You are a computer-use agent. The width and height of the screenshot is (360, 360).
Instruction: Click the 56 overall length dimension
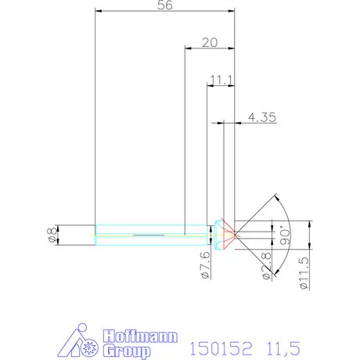[164, 5]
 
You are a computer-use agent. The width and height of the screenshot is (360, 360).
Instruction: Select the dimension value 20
[209, 42]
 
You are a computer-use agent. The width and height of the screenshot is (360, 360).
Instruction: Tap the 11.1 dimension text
[220, 80]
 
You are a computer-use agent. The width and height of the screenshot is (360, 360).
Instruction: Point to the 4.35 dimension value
[261, 117]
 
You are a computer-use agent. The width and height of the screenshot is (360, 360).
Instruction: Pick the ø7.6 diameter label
[205, 265]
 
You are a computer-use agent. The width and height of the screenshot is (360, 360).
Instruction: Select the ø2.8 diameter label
[266, 265]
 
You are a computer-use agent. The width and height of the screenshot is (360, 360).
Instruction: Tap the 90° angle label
[285, 233]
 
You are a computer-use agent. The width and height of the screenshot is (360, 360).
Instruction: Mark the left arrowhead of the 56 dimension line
[97, 10]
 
